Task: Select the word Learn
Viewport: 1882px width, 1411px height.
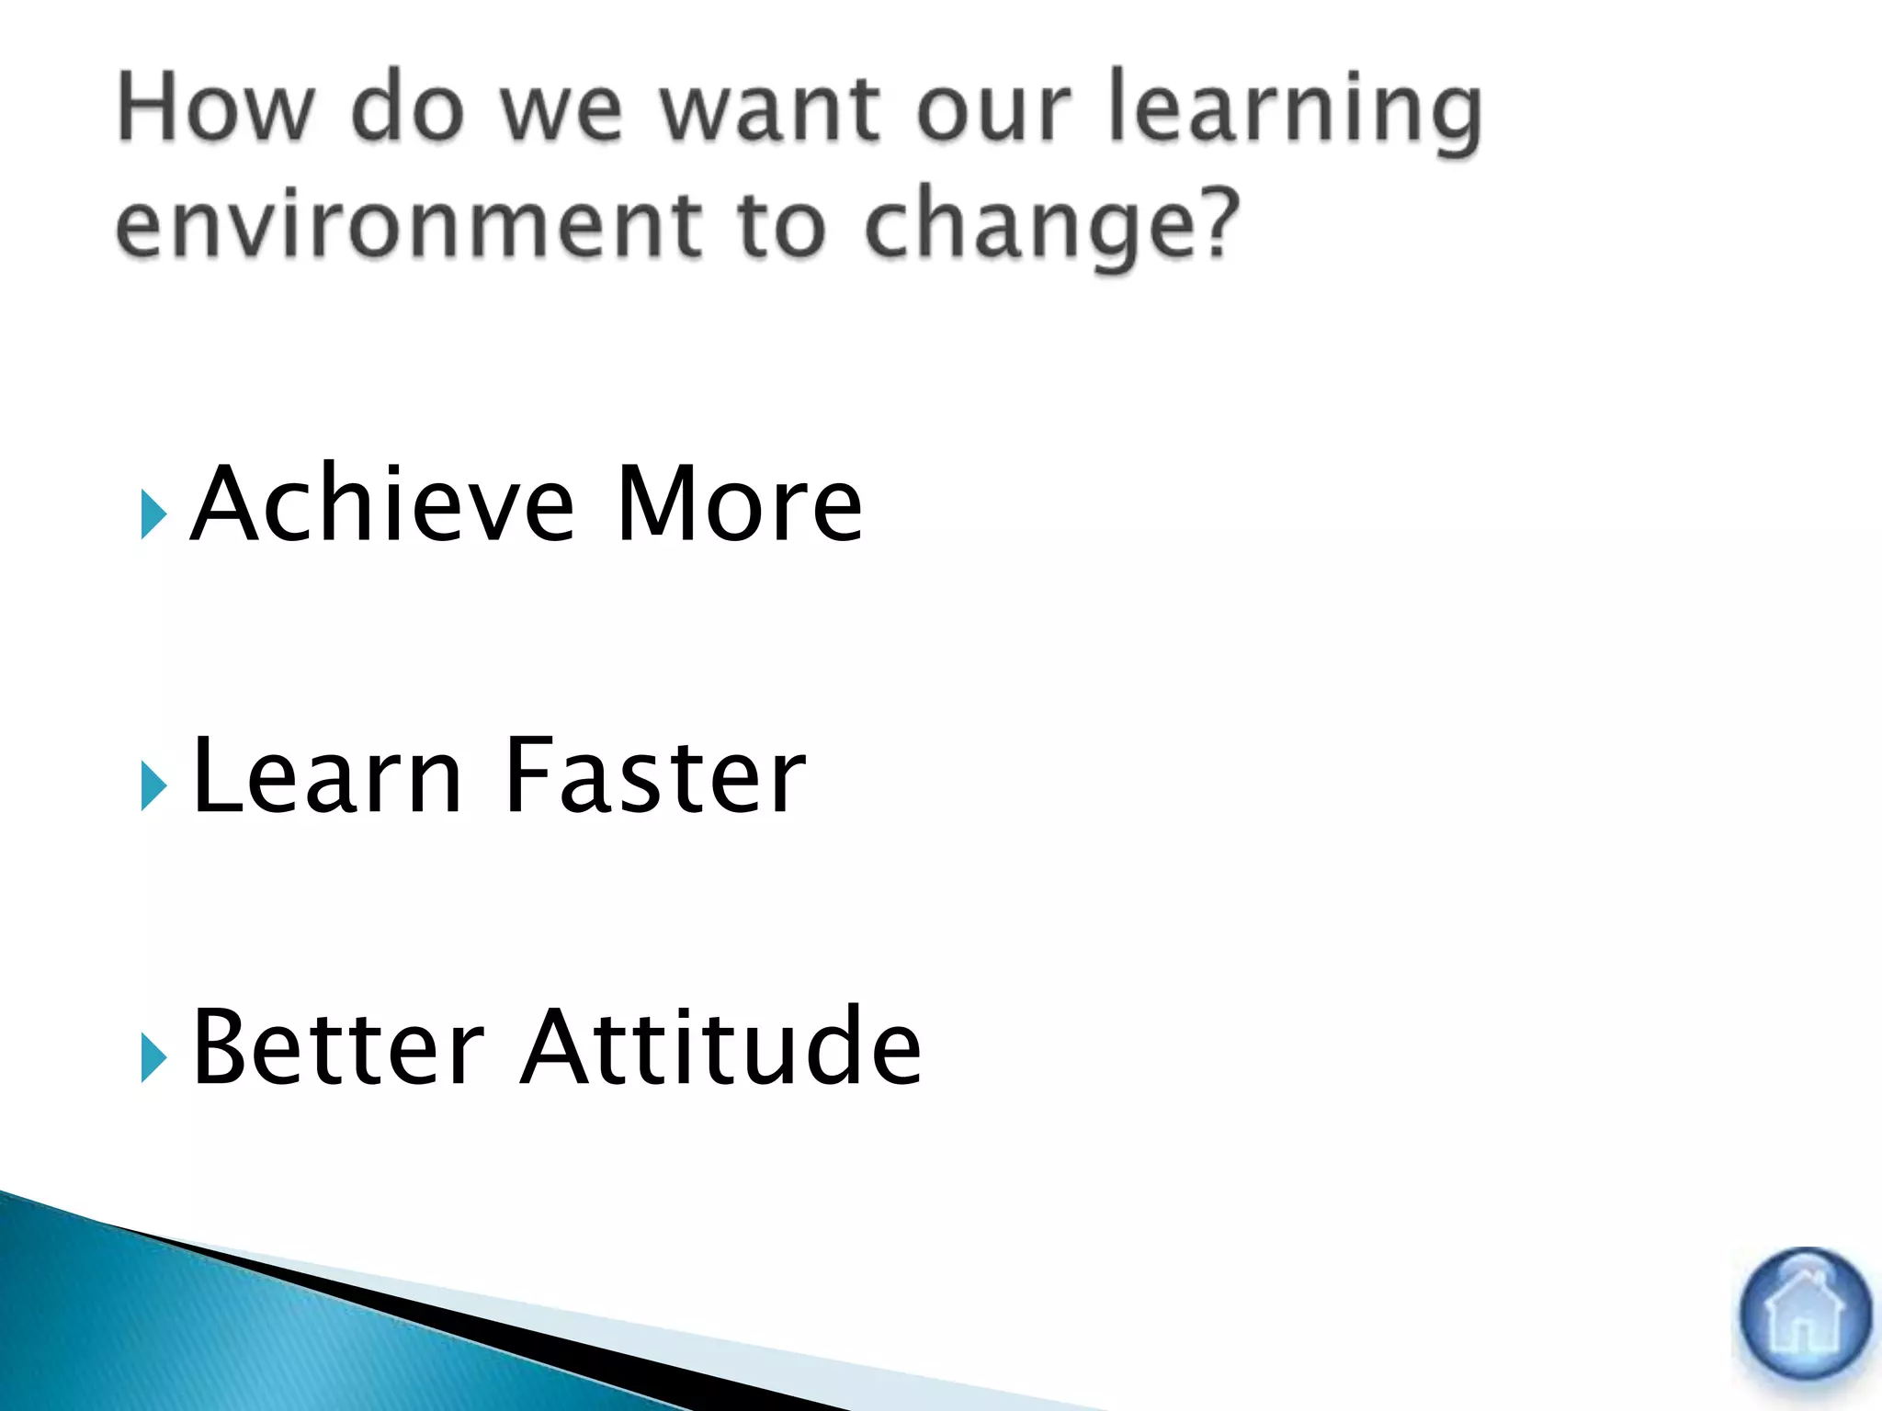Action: (x=326, y=776)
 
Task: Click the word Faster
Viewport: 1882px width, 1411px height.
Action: (x=654, y=776)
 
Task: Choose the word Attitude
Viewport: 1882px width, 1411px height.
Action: (x=720, y=1047)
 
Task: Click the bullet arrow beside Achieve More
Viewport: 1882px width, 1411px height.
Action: (x=153, y=514)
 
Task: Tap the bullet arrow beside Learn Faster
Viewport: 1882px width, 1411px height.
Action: (x=153, y=786)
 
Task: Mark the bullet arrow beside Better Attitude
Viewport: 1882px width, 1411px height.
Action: (x=153, y=1058)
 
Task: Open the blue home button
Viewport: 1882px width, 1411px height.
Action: (x=1805, y=1314)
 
